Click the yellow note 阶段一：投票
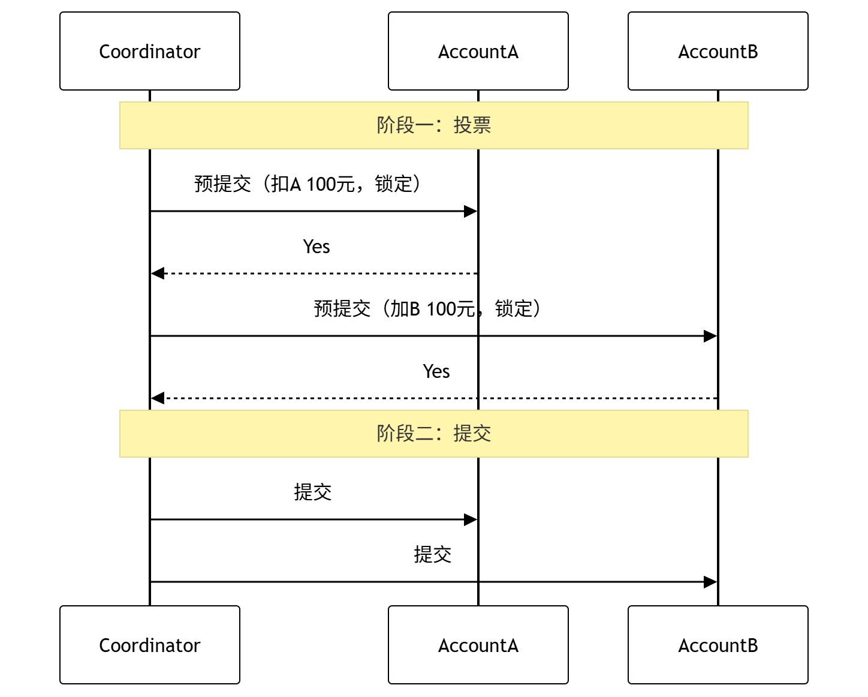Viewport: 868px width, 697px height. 433,125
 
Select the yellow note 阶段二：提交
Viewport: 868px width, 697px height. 433,434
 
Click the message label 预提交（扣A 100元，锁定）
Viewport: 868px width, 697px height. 308,184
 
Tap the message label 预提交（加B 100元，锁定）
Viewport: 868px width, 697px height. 427,309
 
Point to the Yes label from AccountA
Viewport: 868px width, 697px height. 317,247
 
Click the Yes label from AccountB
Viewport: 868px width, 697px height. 436,371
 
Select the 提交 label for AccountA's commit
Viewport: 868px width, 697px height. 312,492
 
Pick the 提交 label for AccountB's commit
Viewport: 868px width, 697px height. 432,554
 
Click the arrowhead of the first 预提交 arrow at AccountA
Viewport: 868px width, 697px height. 471,211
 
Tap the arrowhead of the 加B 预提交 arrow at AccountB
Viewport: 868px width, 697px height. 710,336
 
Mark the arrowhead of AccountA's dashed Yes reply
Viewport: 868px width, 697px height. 158,274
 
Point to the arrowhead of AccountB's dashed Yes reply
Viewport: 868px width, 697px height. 158,398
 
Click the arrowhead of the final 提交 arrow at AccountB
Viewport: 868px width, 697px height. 710,582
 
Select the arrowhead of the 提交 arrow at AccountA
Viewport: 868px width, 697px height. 471,519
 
